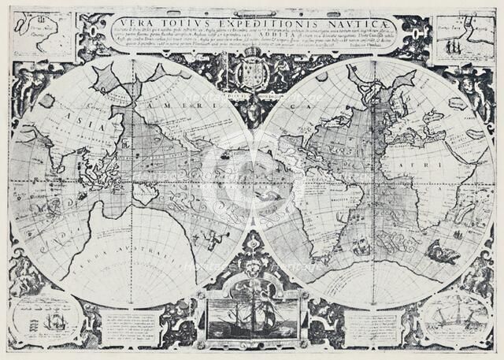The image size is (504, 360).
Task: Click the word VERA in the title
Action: (132, 24)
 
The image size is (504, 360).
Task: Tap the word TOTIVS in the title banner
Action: (175, 24)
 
